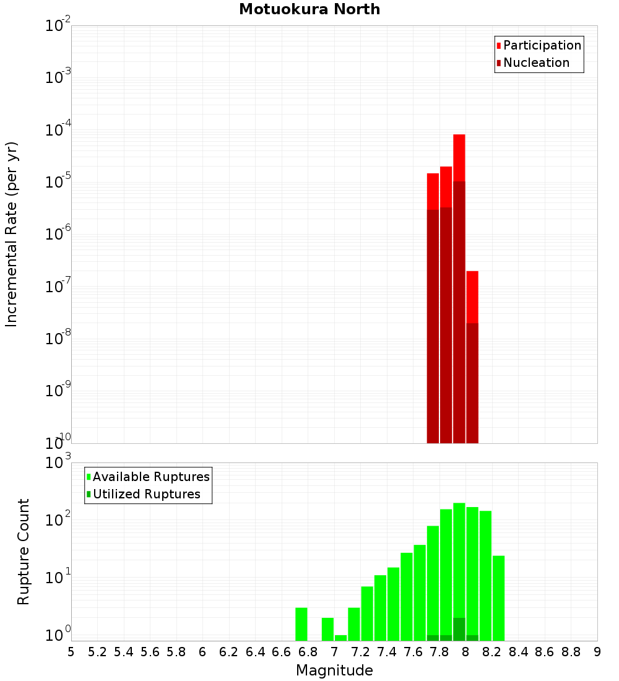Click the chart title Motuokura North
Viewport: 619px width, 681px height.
309,10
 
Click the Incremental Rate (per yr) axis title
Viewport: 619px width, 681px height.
12,235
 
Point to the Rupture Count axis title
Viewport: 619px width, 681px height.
24,552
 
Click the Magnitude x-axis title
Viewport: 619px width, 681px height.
334,670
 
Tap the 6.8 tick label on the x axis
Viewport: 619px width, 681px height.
308,652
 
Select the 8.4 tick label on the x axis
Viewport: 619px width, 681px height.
518,652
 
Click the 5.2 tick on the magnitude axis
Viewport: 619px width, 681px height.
97,652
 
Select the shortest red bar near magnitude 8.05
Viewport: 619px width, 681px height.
472,297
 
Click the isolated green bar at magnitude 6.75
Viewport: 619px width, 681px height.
301,624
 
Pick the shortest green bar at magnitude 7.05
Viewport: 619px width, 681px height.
340,638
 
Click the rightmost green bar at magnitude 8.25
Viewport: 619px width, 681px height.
498,598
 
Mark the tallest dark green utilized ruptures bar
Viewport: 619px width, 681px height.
459,629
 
